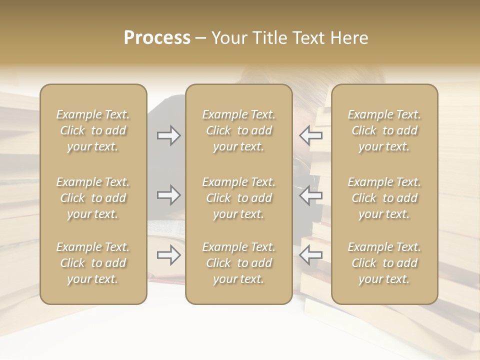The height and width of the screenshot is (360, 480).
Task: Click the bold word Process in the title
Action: click(x=157, y=38)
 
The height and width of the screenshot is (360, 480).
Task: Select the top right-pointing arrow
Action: click(x=168, y=135)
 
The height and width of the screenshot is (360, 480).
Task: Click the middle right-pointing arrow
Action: click(x=168, y=195)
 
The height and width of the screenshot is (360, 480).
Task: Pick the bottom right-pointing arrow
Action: click(x=168, y=255)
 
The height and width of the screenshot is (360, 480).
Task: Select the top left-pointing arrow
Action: click(x=311, y=135)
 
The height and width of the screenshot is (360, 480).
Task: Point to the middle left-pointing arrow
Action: click(x=311, y=195)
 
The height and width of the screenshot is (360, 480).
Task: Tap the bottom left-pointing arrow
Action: click(x=311, y=255)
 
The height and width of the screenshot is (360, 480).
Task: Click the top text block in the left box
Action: click(x=93, y=130)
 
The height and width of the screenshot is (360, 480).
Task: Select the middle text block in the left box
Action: click(x=93, y=198)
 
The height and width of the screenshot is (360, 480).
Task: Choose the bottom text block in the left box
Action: click(x=93, y=263)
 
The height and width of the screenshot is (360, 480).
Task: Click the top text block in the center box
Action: click(x=238, y=130)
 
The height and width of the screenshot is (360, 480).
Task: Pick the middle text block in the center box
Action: click(x=238, y=198)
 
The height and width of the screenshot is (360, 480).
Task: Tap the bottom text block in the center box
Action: click(x=238, y=263)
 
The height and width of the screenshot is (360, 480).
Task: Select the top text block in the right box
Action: click(x=384, y=130)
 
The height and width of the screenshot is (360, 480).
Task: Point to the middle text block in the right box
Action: click(x=384, y=198)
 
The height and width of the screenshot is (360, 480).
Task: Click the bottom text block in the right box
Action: click(x=384, y=263)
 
